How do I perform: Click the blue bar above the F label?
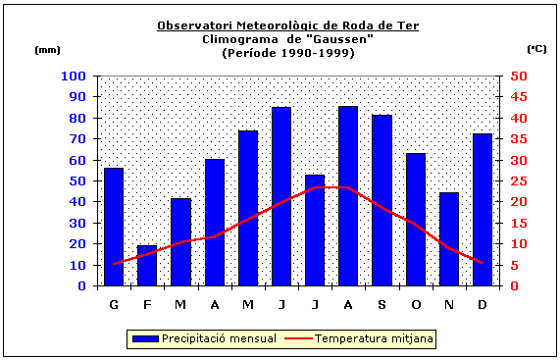pos(147,266)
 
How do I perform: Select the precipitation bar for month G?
pos(114,227)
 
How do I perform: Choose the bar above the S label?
pos(382,200)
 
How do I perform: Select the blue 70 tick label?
pos(76,138)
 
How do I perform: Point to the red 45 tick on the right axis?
pos(518,97)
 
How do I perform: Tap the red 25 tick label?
pos(518,180)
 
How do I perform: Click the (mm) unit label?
pos(47,48)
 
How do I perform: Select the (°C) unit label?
pos(536,48)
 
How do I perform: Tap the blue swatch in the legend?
pos(145,338)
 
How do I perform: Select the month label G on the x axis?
pos(114,304)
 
